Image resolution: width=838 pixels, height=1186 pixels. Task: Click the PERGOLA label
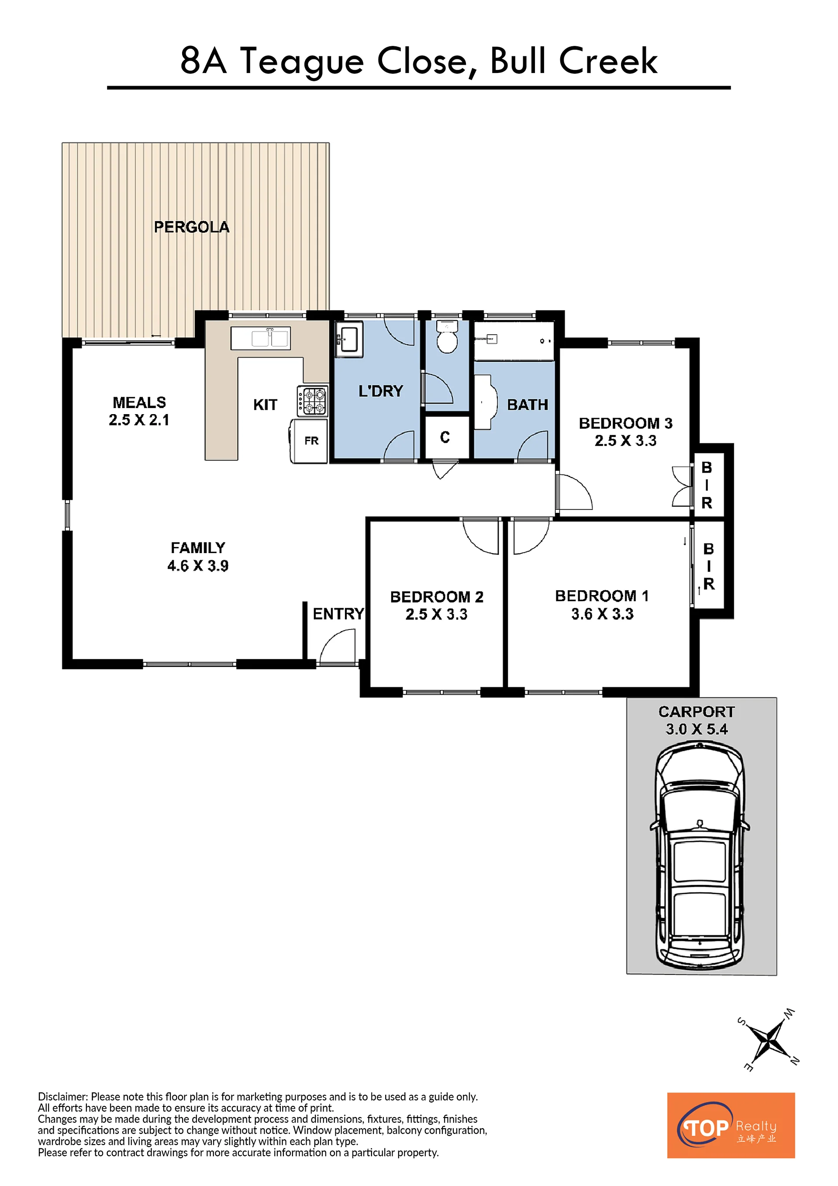tap(192, 227)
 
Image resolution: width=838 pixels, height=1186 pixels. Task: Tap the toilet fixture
tap(447, 337)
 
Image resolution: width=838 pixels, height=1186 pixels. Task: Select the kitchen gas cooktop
tap(312, 401)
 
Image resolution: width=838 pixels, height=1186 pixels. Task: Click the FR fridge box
tap(309, 441)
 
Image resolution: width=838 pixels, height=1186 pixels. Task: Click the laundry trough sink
tap(349, 339)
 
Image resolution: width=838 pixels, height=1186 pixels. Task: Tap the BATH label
tap(527, 405)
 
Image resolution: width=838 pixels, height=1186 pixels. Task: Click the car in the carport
tap(700, 858)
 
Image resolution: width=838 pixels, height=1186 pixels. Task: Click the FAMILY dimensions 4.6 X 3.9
tap(198, 566)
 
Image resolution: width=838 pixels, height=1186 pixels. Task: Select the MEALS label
tap(139, 402)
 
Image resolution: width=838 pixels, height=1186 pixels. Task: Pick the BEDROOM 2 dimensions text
tap(436, 614)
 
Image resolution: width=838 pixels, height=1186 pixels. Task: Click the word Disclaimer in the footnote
tap(62, 1096)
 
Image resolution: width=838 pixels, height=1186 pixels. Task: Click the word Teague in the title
tap(302, 62)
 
